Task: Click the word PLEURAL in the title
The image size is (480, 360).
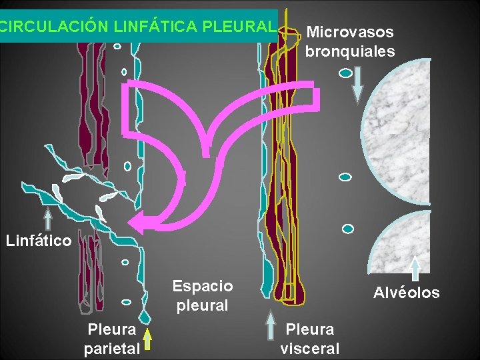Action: click(238, 27)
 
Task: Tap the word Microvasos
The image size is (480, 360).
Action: click(350, 32)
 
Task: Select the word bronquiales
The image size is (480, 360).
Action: click(350, 51)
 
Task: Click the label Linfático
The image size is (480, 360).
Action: click(39, 241)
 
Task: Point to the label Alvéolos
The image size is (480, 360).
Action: click(407, 293)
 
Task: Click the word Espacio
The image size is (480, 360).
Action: click(203, 287)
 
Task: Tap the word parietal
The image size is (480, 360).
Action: click(112, 347)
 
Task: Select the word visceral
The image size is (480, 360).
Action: click(310, 348)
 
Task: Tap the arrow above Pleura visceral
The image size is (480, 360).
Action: click(271, 327)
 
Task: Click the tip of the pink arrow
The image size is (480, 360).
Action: click(131, 225)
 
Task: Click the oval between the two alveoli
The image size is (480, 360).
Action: click(345, 177)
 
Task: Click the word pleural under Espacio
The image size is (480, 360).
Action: click(203, 306)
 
